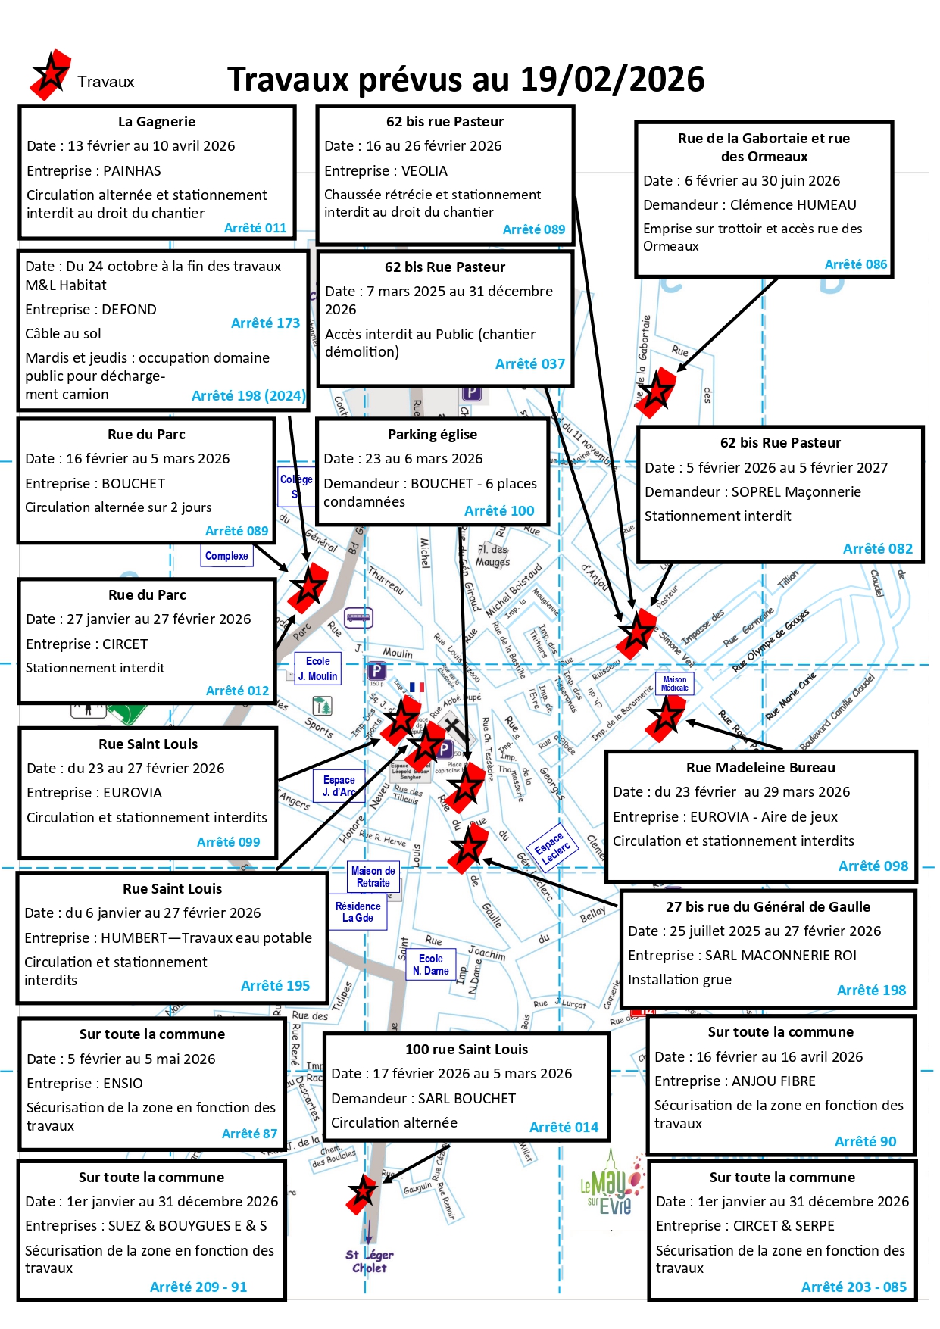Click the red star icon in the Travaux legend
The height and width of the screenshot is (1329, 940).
point(51,75)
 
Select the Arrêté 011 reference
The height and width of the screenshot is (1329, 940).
point(255,228)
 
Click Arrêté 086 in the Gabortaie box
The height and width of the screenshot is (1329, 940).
point(855,264)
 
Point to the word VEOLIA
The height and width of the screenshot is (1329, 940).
point(424,171)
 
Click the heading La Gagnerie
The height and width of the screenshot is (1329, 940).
point(157,122)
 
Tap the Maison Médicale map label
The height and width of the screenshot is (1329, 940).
point(674,684)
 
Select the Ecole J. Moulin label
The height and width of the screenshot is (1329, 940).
point(317,669)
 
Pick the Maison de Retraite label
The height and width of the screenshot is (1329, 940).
point(373,877)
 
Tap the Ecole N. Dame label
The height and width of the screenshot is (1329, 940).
point(431,965)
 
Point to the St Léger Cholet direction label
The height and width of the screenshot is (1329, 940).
point(370,1261)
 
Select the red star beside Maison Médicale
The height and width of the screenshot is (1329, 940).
point(667,716)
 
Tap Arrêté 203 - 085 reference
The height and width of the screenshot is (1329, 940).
point(854,1287)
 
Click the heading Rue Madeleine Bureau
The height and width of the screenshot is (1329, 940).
point(760,768)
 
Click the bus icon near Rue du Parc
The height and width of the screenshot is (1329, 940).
point(358,617)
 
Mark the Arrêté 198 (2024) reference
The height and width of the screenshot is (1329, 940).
point(248,395)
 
